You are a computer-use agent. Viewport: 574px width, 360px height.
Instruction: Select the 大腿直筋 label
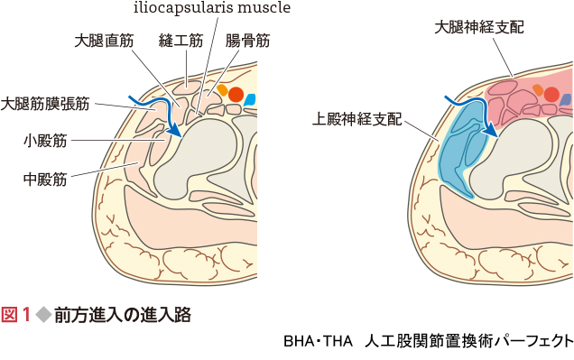104,41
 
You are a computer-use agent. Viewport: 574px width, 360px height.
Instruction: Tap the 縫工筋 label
181,41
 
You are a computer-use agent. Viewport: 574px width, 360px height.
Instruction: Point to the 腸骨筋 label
247,41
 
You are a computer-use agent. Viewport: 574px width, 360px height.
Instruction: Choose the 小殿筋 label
43,141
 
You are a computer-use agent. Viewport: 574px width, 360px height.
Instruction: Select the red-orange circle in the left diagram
236,94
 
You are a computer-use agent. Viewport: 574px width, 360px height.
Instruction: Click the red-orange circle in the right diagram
552,94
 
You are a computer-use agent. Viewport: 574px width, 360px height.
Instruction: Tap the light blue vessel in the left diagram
250,98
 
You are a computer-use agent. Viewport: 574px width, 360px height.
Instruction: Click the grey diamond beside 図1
41,315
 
